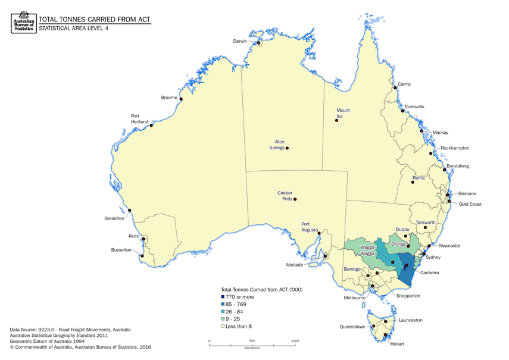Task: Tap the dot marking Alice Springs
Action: (288, 148)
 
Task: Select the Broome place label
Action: (169, 98)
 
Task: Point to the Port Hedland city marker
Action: (152, 126)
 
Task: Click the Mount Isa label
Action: (343, 113)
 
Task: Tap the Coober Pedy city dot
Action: (295, 200)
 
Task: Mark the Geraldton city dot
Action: (130, 211)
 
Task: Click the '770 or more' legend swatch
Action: (223, 296)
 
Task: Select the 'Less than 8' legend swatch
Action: (223, 326)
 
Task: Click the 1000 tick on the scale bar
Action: (295, 341)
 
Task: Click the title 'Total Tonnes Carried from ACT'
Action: (95, 18)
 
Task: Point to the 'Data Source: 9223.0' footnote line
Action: (70, 329)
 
